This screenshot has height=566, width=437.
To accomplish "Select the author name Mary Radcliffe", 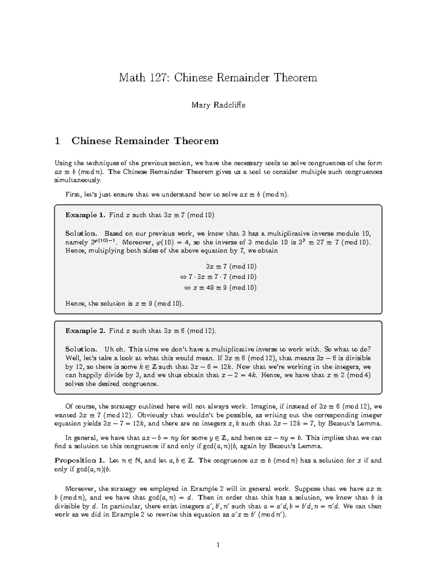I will point(219,105).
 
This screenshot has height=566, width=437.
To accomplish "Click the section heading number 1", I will point(57,141).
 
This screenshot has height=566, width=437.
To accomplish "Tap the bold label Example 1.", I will point(85,215).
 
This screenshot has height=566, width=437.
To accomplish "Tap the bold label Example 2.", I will point(85,331).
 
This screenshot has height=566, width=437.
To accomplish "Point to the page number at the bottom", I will point(218,545).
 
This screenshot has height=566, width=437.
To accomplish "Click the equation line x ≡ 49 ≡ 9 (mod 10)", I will point(220,288).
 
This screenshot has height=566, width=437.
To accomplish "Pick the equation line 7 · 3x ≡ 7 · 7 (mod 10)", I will point(218,277).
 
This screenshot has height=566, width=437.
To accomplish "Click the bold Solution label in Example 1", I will point(81,234).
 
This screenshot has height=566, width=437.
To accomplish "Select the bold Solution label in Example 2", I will point(81,350).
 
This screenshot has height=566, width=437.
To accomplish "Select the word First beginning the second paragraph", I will point(72,195).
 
